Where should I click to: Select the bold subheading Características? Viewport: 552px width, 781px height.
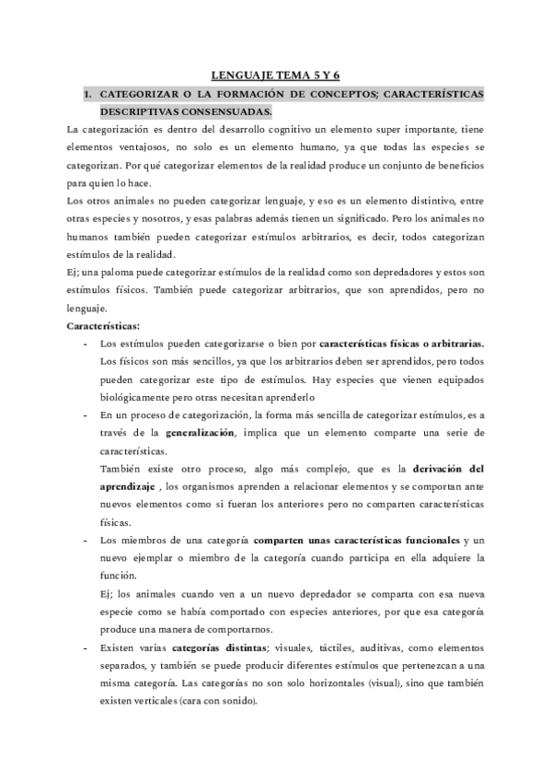click(104, 326)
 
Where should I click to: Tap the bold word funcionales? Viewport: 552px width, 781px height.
click(419, 541)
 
